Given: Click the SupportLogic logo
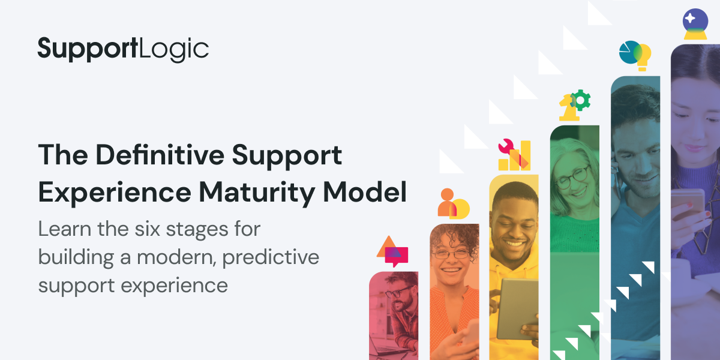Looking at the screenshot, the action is (123, 49).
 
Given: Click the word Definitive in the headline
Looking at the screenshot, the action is (160, 155).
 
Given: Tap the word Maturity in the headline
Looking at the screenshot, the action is (257, 192).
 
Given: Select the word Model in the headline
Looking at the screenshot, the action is (365, 191).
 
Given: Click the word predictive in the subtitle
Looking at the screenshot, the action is (271, 257).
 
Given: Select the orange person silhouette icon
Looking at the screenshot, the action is (447, 203).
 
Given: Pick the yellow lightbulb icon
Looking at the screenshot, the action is (642, 57).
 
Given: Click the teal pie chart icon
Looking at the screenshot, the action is (629, 52).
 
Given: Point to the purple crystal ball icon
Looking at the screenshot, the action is (695, 24).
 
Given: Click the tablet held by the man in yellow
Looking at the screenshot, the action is (517, 309).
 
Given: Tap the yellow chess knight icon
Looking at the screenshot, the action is (568, 108).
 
